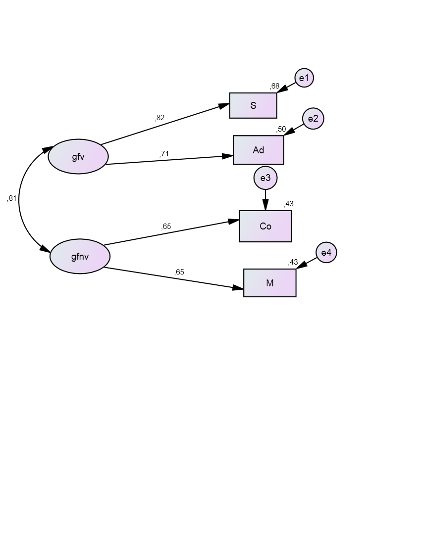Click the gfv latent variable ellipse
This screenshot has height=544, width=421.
coord(78,157)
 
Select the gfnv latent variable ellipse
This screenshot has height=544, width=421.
coord(80,256)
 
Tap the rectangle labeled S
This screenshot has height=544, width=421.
coord(253,105)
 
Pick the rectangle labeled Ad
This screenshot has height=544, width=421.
coord(259,150)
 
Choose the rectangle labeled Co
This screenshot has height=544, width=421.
coord(265,226)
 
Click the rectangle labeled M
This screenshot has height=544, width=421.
coord(270,283)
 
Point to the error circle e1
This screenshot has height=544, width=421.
coord(304,78)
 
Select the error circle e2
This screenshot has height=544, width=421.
coord(313,119)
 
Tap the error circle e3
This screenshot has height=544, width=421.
coord(265,178)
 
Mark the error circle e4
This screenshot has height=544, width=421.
coord(326,253)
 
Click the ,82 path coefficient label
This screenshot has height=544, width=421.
coord(159,118)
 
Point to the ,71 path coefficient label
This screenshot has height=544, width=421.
coord(164,154)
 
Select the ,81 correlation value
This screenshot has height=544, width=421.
coord(12,198)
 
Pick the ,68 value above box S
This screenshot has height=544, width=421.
coord(274,87)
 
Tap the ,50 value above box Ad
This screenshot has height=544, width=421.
coord(281,129)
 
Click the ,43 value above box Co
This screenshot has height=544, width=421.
coord(289,204)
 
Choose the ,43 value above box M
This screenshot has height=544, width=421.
coord(293,263)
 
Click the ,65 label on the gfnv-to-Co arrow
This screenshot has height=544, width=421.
coord(166,227)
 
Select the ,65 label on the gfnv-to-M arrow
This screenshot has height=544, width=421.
coord(179,272)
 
